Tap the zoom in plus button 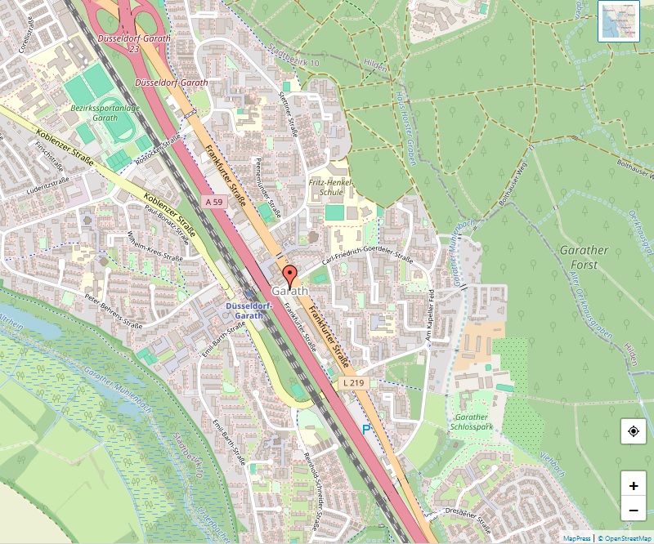[x=634, y=485]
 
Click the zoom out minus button [x=634, y=511]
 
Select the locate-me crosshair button [x=634, y=431]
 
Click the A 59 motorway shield [x=213, y=201]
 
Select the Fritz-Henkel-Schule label [x=326, y=188]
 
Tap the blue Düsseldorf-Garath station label [x=244, y=310]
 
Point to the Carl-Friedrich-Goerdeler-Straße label [x=367, y=256]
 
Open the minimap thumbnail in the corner [x=619, y=21]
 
